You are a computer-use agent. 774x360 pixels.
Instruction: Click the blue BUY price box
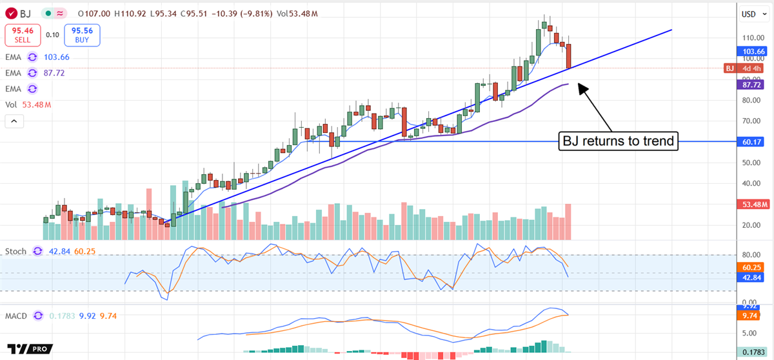82,35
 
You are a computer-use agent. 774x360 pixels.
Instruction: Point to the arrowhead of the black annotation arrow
580,85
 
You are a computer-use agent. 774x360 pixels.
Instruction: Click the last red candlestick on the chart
569,55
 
